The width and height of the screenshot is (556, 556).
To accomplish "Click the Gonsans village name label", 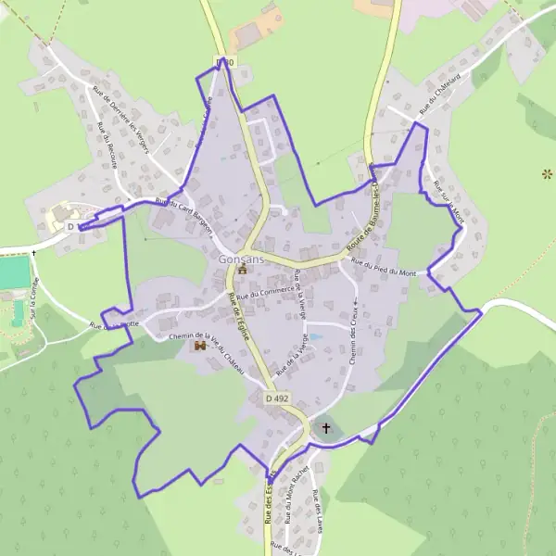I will pyautogui.click(x=242, y=259).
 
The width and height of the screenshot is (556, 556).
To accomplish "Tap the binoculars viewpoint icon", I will pyautogui.click(x=199, y=347).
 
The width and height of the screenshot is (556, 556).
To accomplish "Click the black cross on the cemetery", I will pyautogui.click(x=325, y=429).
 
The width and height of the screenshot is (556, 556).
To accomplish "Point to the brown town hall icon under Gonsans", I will pyautogui.click(x=243, y=272).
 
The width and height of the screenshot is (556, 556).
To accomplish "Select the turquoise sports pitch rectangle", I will pyautogui.click(x=14, y=273).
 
